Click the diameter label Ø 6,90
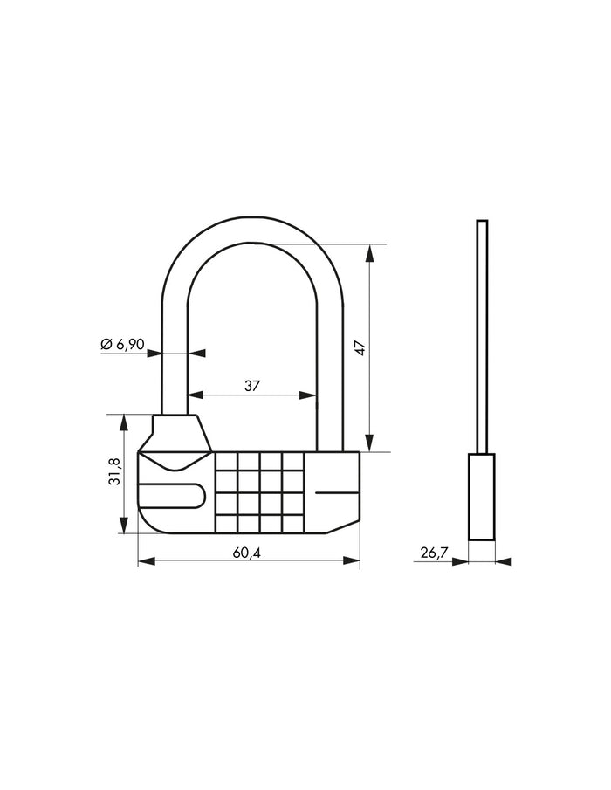pos(122,344)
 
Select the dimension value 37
pos(253,385)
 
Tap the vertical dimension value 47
pos(358,347)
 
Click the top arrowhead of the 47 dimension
pos(370,252)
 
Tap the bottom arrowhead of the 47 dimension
pos(370,443)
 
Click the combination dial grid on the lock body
pos(258,491)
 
